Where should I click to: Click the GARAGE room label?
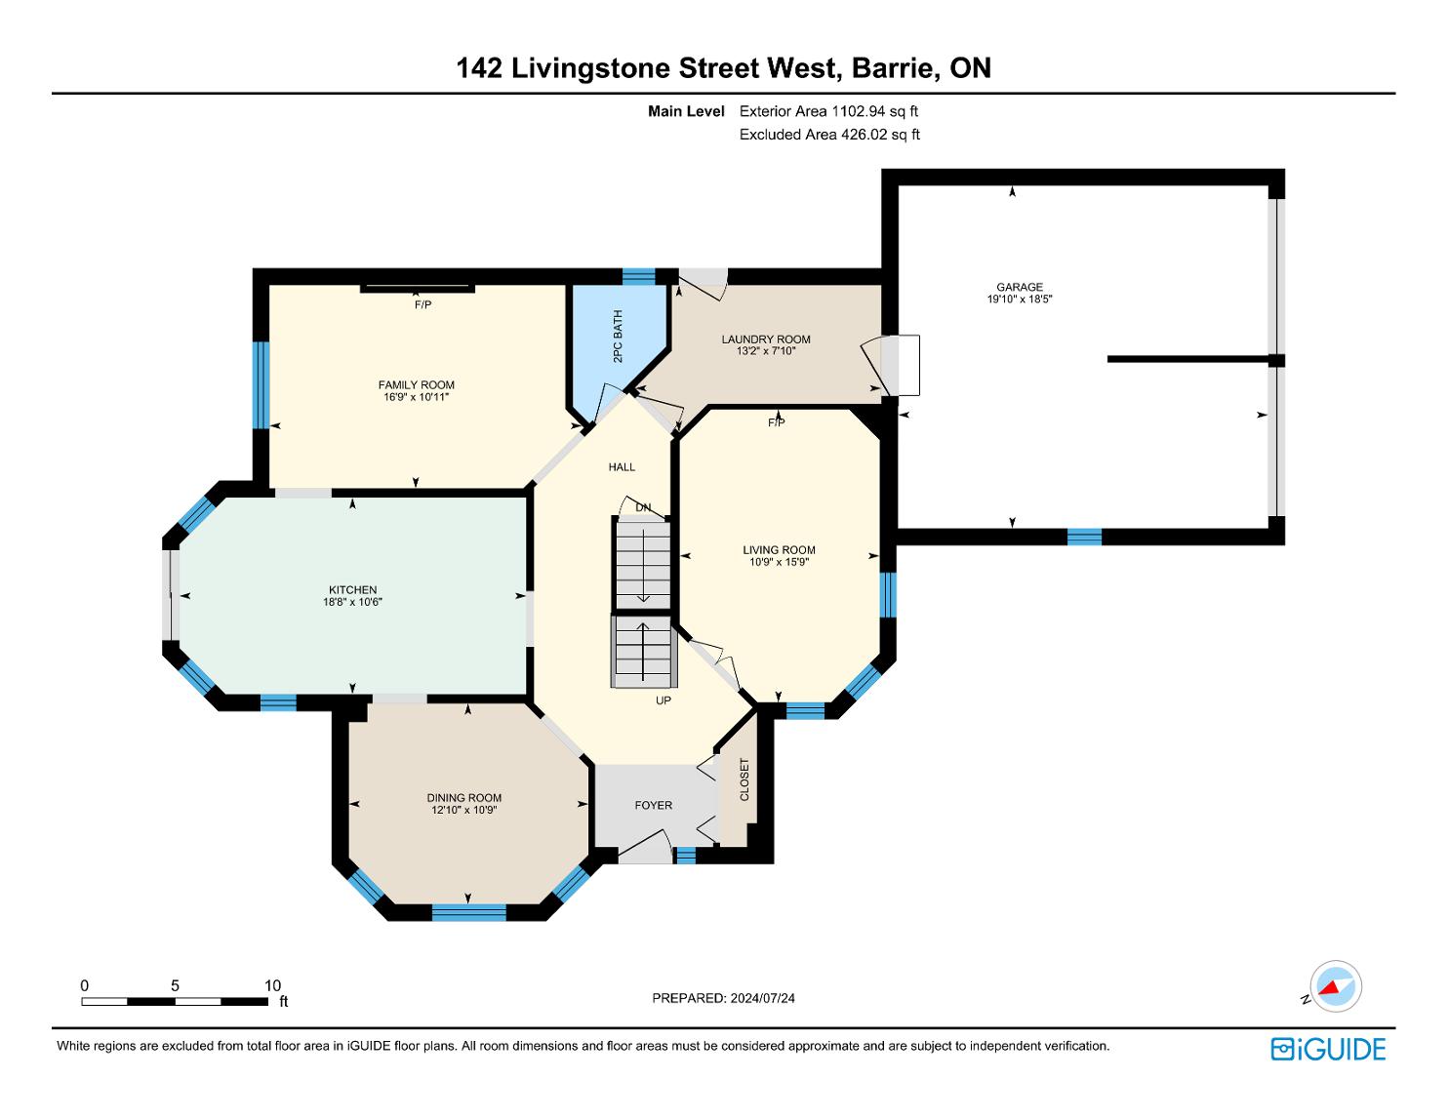pos(1019,287)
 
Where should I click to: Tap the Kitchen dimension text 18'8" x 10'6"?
pos(352,602)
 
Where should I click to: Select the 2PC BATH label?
pos(618,337)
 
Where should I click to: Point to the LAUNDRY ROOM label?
pos(766,340)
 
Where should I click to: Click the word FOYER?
pos(653,805)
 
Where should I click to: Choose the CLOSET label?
pos(744,779)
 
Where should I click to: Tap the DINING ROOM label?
pos(463,798)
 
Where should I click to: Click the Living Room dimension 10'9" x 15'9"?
pos(779,562)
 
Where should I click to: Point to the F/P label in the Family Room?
pos(423,305)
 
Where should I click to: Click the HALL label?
pos(622,467)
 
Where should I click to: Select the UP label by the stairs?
pos(664,700)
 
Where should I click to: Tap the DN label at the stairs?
pos(643,507)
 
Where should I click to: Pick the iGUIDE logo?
pos(1328,1049)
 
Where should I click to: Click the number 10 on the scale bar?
pos(272,985)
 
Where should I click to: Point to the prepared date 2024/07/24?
pos(762,998)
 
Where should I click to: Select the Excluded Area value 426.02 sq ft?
pos(880,135)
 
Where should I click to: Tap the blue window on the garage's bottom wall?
pos(1084,537)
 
